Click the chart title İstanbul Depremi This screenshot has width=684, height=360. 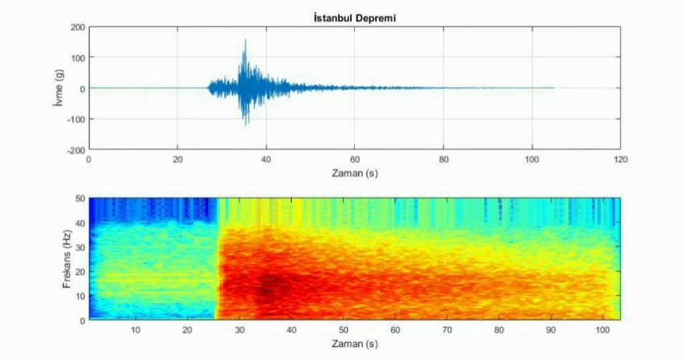click(x=354, y=17)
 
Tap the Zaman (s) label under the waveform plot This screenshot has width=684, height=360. click(x=354, y=173)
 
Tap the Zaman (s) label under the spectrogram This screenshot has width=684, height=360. click(x=354, y=344)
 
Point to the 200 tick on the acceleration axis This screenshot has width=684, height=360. click(x=77, y=27)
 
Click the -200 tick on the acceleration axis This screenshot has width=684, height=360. click(x=76, y=149)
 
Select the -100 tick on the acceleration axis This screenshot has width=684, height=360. click(x=76, y=119)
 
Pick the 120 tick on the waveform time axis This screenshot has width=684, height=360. click(x=619, y=159)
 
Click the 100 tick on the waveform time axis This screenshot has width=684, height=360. click(x=532, y=159)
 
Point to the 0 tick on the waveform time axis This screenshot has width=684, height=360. click(x=89, y=159)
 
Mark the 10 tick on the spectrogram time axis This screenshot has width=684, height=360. click(x=135, y=330)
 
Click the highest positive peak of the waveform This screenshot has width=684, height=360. click(x=245, y=40)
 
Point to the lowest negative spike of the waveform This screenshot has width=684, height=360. click(x=246, y=124)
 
